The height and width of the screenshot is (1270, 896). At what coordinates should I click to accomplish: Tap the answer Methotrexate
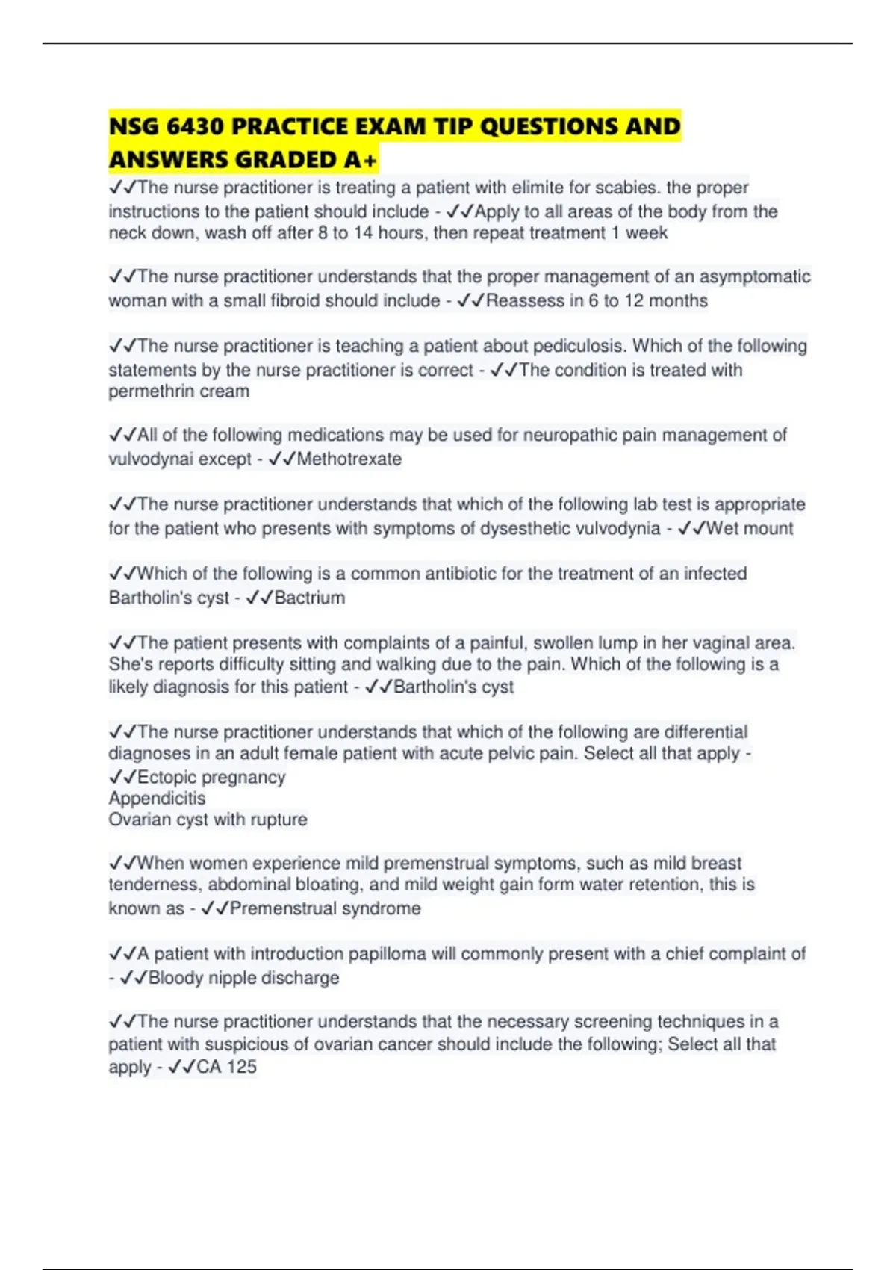click(349, 459)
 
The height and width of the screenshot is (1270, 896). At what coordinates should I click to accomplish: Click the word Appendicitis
click(157, 799)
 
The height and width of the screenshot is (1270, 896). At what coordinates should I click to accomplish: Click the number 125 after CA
click(241, 1067)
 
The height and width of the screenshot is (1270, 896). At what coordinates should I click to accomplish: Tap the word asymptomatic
click(754, 276)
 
